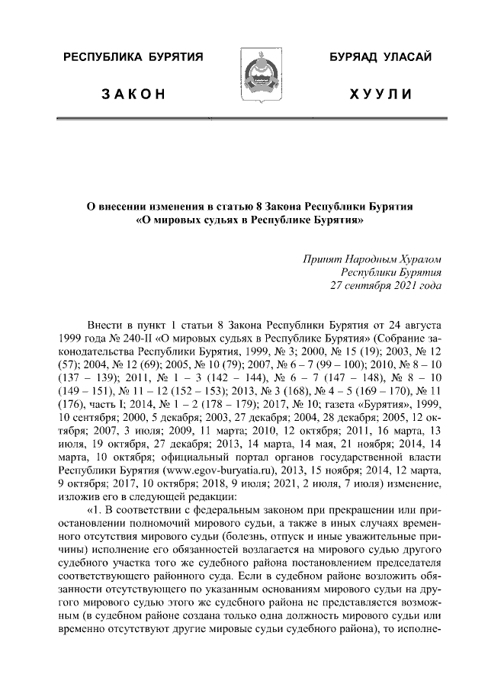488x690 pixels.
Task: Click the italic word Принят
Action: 323,260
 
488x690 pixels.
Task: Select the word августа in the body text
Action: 422,324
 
